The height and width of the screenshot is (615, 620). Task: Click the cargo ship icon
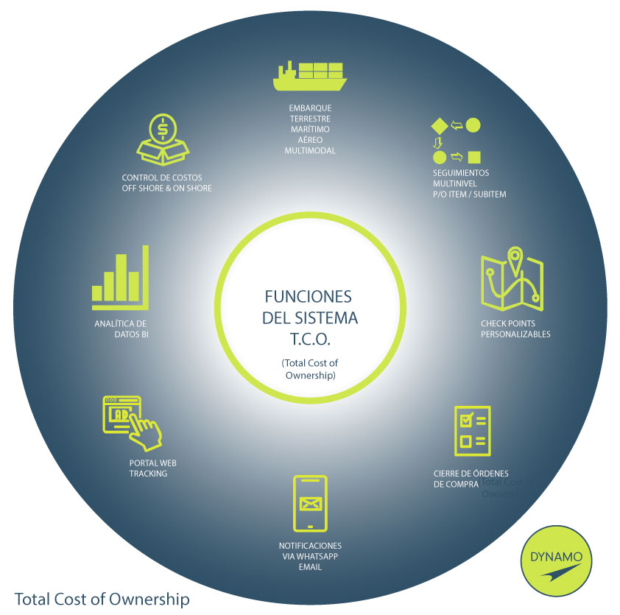coord(309,75)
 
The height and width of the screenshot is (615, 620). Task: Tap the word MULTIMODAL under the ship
coord(309,150)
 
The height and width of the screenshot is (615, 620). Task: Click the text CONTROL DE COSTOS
coord(162,178)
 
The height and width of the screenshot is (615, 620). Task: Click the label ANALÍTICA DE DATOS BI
coord(121,329)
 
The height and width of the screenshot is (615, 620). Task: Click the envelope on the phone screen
coord(310,504)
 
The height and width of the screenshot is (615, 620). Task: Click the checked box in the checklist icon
coord(465,421)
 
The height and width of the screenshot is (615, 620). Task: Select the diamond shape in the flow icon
coord(439,125)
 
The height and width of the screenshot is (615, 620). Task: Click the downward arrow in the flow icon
coord(439,141)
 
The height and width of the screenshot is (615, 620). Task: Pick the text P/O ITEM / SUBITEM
coord(470,194)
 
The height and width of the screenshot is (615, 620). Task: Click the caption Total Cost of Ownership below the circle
coord(102,599)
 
